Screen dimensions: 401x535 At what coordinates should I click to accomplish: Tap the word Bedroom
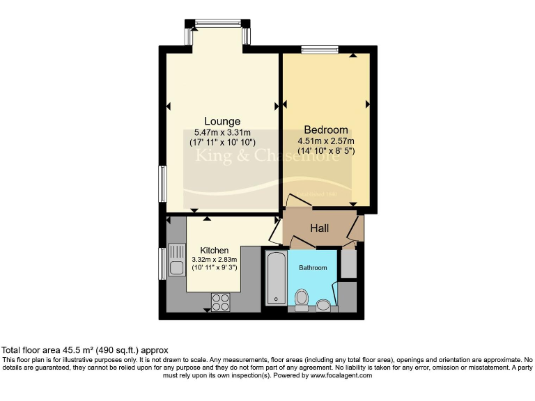(326, 129)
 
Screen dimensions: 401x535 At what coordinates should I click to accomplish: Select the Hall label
(320, 228)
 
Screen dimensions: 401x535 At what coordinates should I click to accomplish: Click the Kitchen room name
(214, 250)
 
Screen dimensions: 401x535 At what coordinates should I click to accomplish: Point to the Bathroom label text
(313, 267)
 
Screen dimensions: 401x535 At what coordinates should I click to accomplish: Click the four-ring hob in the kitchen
(221, 302)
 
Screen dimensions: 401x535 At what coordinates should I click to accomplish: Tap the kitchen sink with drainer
(175, 260)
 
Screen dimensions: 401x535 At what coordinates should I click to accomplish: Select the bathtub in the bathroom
(274, 279)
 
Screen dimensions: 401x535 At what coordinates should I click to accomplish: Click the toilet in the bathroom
(302, 299)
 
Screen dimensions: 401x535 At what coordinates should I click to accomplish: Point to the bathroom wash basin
(323, 304)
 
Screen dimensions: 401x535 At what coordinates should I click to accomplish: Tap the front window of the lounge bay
(217, 24)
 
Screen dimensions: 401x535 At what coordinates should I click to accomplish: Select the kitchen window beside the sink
(163, 262)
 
